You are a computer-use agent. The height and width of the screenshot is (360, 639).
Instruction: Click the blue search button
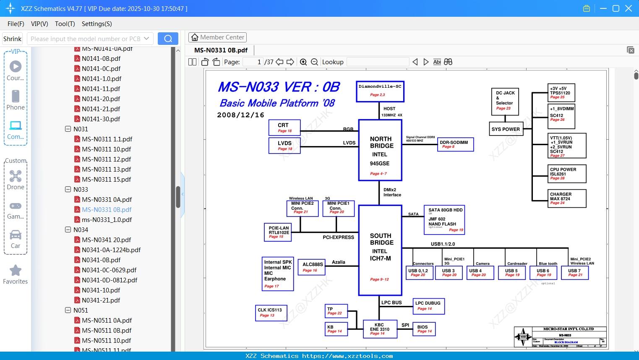[x=168, y=39]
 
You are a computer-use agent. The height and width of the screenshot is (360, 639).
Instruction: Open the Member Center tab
[x=217, y=37]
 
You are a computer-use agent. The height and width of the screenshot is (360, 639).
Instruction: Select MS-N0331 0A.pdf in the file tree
[x=107, y=200]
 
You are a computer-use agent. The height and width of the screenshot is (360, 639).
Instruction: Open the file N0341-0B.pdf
[x=101, y=260]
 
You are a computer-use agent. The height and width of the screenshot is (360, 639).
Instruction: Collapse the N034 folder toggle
[x=68, y=230]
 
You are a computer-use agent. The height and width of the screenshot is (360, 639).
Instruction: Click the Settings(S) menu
[x=97, y=24]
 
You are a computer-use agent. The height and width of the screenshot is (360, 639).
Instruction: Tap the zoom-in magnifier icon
[x=303, y=62]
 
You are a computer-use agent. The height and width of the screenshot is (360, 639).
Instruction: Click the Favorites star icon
[x=16, y=271]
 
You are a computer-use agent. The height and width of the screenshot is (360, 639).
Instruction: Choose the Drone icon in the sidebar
[x=16, y=176]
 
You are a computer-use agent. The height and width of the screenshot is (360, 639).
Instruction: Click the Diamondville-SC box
[x=380, y=91]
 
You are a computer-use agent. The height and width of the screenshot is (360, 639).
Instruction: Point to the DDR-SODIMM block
[x=455, y=144]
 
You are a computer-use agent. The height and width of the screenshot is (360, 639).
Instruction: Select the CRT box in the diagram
[x=284, y=128]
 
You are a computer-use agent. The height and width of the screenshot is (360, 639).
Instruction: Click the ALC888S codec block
[x=313, y=267]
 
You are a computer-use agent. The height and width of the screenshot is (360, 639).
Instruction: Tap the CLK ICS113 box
[x=271, y=313]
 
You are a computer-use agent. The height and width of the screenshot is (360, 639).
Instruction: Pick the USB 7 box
[x=575, y=273]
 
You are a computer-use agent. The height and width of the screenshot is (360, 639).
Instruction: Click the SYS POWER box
[x=506, y=129]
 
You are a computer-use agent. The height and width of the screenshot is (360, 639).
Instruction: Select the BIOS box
[x=424, y=329]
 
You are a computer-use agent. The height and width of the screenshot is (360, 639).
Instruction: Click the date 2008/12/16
[x=240, y=115]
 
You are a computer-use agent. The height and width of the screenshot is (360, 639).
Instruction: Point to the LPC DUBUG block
[x=428, y=306]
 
